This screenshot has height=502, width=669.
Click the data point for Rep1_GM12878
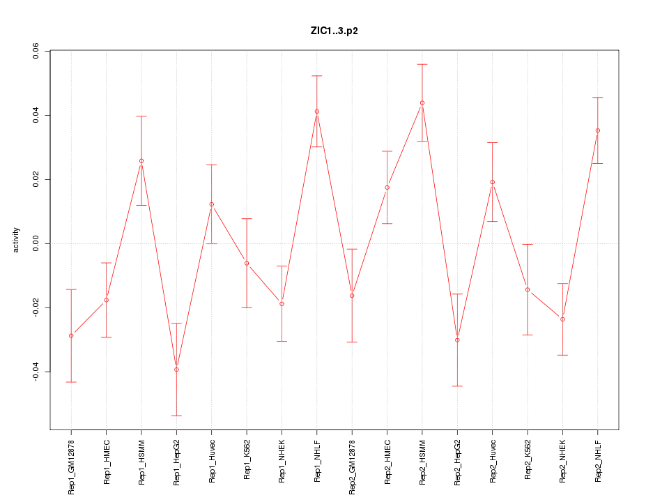[71, 335]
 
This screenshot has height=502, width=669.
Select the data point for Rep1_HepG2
[176, 370]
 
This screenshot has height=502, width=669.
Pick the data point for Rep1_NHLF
[316, 112]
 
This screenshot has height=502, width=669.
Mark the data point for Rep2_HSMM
[422, 103]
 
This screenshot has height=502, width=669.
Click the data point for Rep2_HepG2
[457, 340]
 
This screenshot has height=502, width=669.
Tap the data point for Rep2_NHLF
[597, 130]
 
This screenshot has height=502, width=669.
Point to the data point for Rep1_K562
[247, 263]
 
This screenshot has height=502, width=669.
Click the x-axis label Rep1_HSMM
[141, 461]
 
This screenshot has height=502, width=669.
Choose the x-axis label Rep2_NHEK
[562, 461]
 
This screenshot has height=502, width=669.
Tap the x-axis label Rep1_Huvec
[212, 461]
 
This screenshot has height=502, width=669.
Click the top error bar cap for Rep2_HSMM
[422, 64]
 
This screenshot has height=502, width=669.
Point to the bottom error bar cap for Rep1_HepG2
[176, 416]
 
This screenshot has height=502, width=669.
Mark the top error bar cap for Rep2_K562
[528, 245]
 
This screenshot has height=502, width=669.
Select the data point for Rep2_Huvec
[492, 182]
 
